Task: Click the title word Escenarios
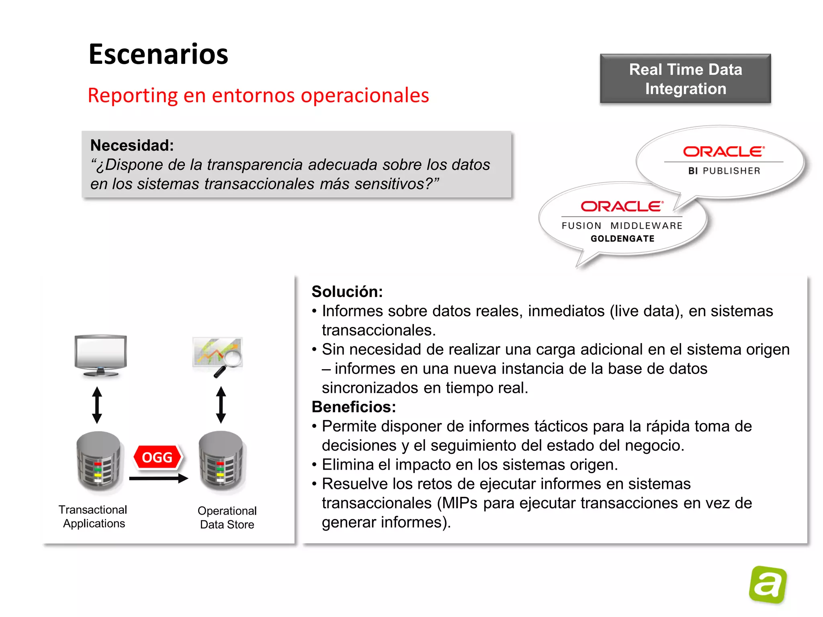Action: pos(158,54)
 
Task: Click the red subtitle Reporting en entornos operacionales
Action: pos(258,96)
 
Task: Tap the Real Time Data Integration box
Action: pos(685,79)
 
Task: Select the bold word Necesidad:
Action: pos(132,145)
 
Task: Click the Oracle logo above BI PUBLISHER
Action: pos(723,151)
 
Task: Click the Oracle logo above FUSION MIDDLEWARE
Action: pos(622,206)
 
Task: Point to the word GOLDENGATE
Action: pos(622,239)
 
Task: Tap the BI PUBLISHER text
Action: pos(724,171)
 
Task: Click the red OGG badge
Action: pos(157,458)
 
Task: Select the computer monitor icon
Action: pos(100,355)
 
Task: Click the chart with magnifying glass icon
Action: pos(218,356)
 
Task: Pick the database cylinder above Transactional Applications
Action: pos(99,461)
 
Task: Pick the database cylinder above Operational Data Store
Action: pos(222,461)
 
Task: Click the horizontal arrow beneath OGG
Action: pos(158,478)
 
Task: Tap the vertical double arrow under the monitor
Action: pos(97,405)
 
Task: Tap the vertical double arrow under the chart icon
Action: pos(221,405)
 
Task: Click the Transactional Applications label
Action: pos(93,517)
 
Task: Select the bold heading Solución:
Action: pos(347,292)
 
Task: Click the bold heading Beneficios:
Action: pos(354,407)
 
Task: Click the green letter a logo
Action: pos(768,584)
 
